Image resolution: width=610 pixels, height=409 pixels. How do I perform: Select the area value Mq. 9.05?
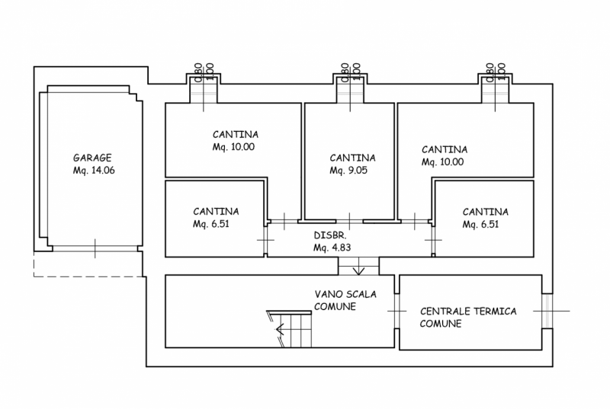tap(348, 171)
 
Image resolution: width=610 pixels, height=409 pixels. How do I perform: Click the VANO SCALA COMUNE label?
tap(345, 300)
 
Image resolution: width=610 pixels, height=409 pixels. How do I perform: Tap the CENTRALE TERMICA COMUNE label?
tap(468, 317)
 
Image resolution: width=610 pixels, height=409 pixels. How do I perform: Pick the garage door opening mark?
tap(94, 248)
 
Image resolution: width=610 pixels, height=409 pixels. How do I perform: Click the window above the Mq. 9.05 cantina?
tap(353, 88)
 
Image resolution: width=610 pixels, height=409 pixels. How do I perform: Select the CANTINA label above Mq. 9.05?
tap(348, 158)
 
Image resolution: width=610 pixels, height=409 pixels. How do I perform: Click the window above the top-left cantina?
tap(204, 88)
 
